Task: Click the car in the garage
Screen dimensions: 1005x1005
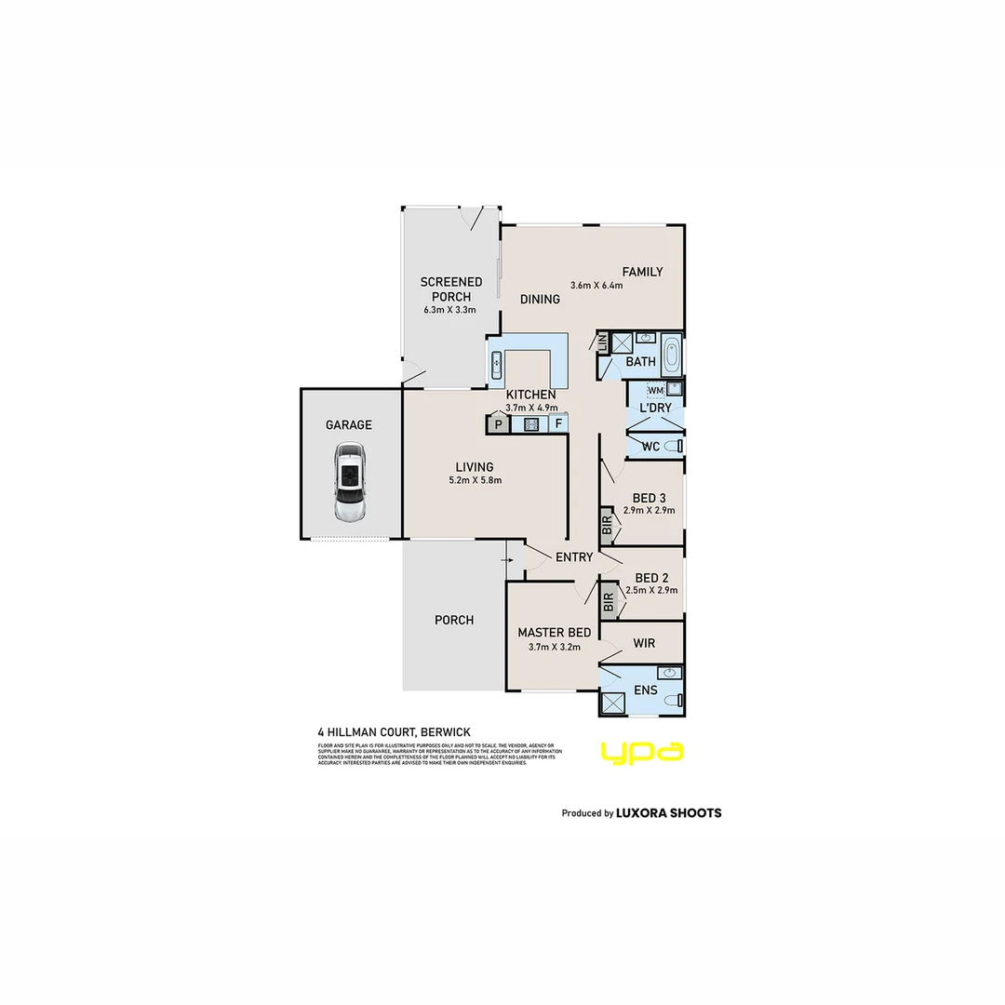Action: point(350,483)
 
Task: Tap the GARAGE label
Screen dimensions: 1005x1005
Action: point(349,425)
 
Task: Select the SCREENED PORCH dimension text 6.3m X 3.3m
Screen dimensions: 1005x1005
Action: point(450,310)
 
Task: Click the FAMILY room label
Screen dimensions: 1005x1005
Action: point(642,272)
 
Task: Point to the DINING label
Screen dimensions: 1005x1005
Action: point(540,299)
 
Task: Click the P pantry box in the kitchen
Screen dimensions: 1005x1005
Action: point(498,424)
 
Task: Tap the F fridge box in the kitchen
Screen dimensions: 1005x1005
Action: point(558,424)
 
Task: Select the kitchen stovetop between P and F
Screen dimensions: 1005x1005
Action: point(531,424)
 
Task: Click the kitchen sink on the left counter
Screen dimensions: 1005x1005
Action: point(497,364)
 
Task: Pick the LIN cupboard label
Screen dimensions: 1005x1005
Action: point(602,342)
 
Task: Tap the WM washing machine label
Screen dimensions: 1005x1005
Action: point(655,390)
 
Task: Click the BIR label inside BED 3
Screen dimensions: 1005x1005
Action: point(607,529)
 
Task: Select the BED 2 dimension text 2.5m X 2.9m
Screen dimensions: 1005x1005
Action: point(651,590)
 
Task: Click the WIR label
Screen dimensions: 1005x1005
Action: point(644,643)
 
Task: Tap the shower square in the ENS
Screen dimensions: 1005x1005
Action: point(612,703)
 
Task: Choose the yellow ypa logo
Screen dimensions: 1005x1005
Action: point(642,752)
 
